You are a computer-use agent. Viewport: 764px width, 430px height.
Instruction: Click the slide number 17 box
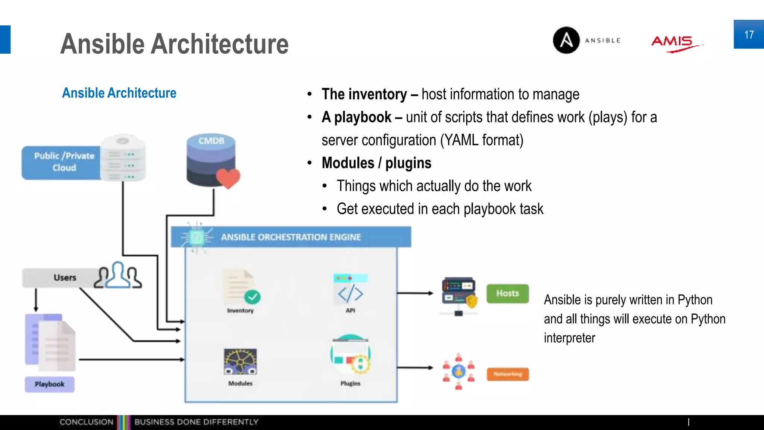tap(748, 34)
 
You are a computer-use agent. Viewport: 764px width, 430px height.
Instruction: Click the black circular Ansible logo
tap(566, 40)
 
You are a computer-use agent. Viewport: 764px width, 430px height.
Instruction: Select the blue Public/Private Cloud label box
tap(62, 162)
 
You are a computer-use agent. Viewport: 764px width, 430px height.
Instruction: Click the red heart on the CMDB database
tap(228, 178)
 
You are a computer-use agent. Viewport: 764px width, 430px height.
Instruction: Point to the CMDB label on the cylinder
tap(211, 141)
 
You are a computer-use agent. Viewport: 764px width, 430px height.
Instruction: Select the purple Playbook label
tap(50, 384)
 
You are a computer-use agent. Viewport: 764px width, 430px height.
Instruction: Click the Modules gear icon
tap(240, 361)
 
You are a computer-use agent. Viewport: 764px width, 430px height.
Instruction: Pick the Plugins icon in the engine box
tap(350, 355)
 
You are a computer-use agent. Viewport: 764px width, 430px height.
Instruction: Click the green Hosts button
tap(507, 293)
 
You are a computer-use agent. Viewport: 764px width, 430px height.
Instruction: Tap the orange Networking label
tap(508, 374)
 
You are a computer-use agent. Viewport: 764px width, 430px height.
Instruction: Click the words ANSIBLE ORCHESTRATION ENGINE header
tap(291, 237)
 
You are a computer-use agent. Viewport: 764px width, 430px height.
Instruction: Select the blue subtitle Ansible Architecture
tap(119, 93)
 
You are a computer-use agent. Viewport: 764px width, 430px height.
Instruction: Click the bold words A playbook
tap(356, 117)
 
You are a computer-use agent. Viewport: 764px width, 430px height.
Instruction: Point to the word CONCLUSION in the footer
tap(86, 422)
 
